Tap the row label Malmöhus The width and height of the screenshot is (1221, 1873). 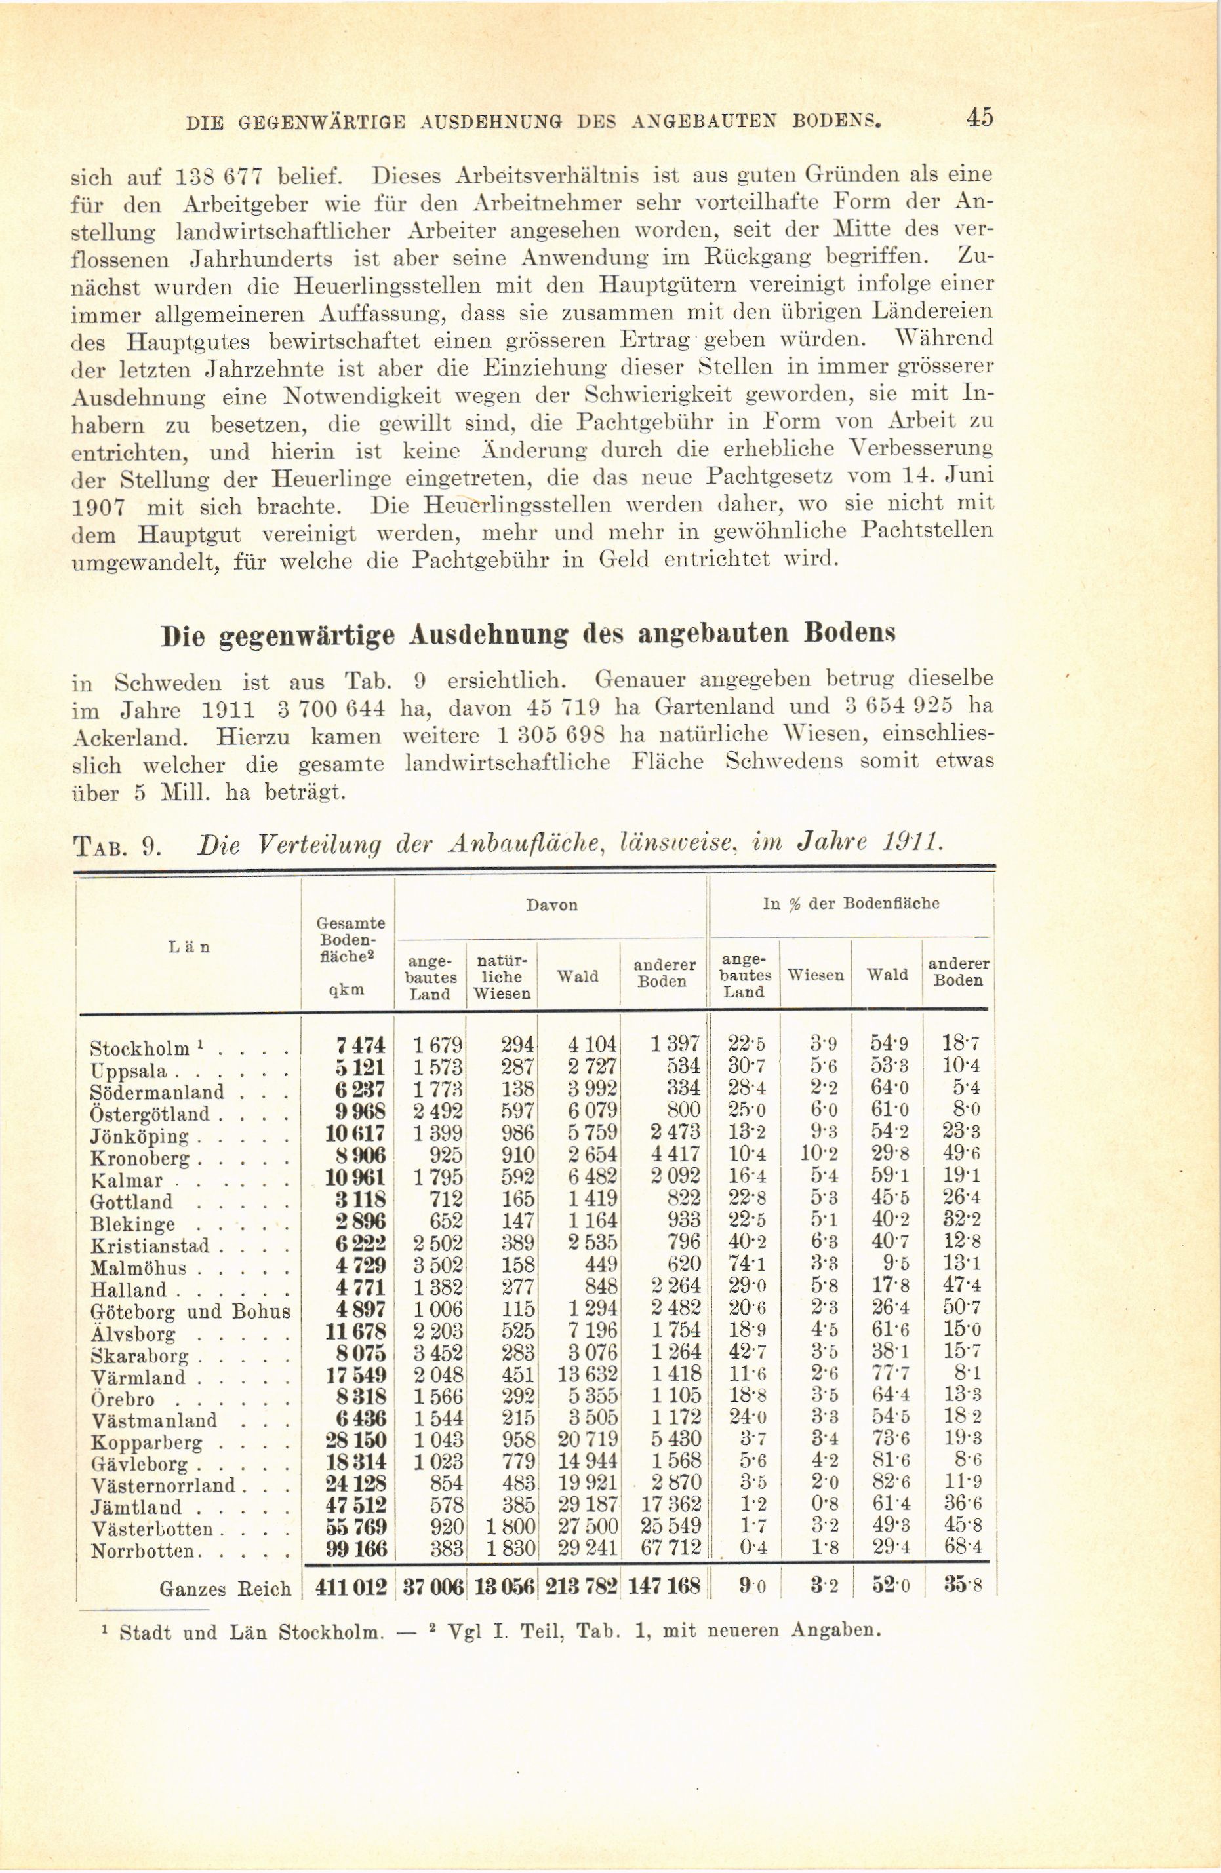pyautogui.click(x=138, y=1268)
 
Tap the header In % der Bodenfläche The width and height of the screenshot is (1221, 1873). pyautogui.click(x=851, y=904)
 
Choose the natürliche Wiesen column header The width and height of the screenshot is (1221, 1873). pyautogui.click(x=502, y=976)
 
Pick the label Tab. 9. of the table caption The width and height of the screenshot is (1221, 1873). pyautogui.click(x=117, y=847)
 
